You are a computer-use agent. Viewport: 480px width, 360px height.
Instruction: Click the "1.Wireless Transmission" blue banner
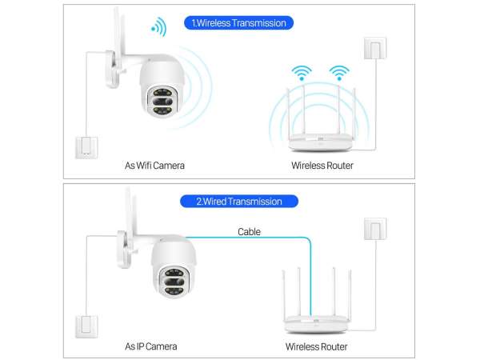click(238, 23)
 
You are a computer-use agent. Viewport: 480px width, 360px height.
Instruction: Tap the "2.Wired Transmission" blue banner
click(238, 202)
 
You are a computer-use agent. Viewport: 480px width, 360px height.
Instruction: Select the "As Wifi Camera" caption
click(154, 166)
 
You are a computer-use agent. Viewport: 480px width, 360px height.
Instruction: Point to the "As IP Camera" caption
click(151, 346)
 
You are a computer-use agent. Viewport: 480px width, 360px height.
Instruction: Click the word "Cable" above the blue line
click(249, 232)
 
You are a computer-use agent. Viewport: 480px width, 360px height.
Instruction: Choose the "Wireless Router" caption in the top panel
click(322, 166)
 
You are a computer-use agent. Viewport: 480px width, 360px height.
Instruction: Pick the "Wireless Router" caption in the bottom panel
click(316, 346)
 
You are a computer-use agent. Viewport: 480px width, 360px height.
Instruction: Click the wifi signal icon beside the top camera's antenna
click(159, 27)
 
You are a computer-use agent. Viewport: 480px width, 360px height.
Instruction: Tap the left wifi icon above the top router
click(302, 73)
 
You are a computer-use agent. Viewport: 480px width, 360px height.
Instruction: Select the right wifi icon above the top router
click(339, 73)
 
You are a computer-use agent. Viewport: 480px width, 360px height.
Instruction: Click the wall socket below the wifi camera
click(86, 147)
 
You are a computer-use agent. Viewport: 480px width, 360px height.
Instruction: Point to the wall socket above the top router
click(375, 48)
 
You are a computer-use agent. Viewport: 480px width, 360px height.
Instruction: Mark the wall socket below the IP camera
click(86, 326)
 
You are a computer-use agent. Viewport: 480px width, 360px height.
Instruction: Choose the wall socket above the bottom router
click(375, 229)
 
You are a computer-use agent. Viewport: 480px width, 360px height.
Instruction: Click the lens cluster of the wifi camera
click(162, 102)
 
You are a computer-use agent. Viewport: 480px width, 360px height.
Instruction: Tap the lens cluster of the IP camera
click(174, 282)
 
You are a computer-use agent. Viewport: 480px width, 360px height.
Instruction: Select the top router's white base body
click(320, 142)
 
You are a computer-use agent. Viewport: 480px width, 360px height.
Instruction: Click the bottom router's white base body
click(316, 325)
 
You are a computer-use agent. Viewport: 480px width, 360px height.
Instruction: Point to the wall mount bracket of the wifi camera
click(113, 69)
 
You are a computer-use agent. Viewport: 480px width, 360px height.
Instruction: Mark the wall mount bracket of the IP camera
click(126, 250)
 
